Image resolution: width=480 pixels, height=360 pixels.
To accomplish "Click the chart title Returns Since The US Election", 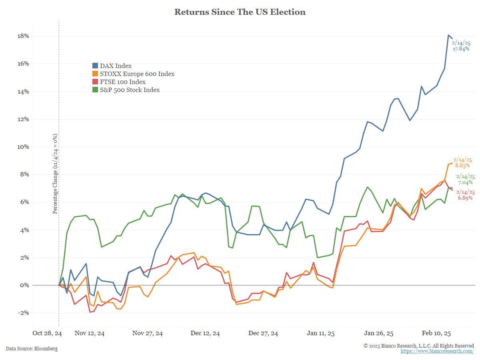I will (240, 12).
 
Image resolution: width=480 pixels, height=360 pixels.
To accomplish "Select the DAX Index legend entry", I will (115, 66).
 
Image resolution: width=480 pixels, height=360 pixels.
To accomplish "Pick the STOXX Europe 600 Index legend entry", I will (136, 74).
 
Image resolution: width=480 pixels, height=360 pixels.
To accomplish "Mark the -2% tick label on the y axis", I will (23, 313).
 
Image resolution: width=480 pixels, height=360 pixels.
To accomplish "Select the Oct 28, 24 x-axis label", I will (47, 333).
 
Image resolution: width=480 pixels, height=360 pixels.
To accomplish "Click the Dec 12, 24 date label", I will (205, 333).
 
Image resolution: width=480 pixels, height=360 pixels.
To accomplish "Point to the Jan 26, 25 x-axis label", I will (378, 333).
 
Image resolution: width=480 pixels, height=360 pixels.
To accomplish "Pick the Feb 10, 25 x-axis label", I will (436, 333).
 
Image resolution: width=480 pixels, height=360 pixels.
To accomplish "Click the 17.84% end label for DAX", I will (461, 49).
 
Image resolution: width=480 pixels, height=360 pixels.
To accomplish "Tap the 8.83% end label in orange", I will (462, 165).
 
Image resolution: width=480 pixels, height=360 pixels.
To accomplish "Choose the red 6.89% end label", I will (465, 198).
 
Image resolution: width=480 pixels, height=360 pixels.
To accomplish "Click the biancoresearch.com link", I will (437, 351).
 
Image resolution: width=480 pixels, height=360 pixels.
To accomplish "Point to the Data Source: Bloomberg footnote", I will (32, 349).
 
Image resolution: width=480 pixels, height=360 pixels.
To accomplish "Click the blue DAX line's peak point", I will (448, 35).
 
